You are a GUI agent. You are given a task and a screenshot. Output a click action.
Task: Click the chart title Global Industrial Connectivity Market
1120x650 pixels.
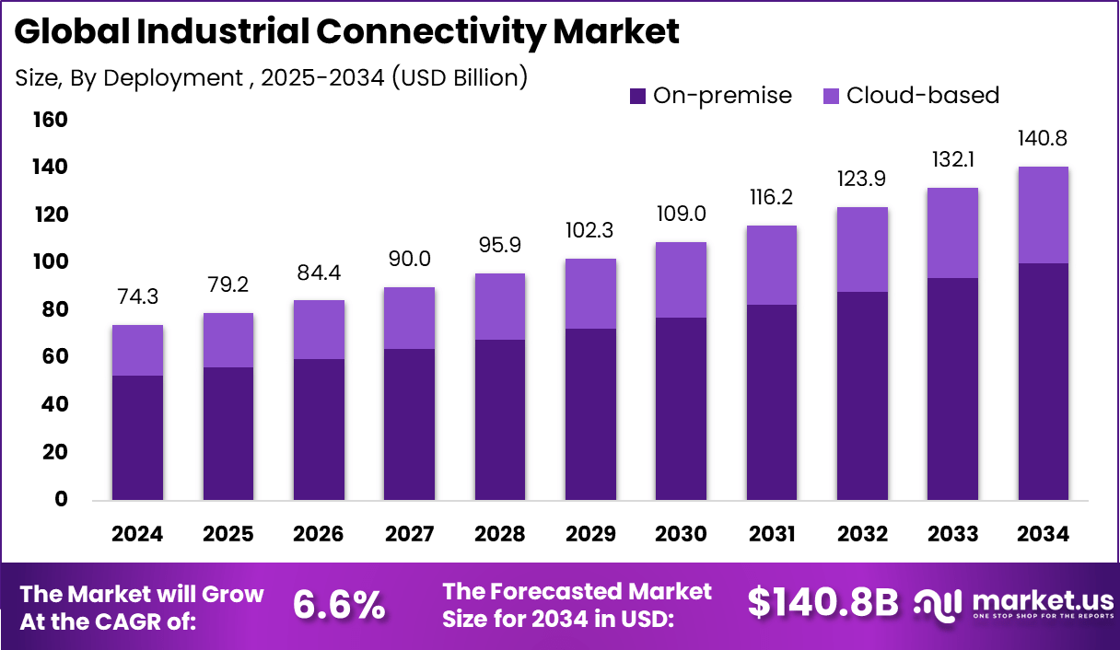point(346,32)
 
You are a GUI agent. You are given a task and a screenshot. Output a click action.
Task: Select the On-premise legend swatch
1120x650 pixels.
point(638,96)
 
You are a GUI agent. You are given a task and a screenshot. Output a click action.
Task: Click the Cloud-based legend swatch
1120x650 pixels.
point(832,96)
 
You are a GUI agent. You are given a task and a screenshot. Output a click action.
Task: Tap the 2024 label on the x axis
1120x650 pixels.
point(137,535)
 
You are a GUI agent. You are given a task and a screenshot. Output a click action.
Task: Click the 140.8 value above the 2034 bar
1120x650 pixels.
point(1043,139)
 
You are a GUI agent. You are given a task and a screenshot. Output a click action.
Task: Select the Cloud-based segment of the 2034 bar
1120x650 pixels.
point(1043,215)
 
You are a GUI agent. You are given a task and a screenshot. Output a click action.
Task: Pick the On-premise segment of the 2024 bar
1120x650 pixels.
point(137,437)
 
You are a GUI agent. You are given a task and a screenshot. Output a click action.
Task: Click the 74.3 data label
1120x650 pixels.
point(137,297)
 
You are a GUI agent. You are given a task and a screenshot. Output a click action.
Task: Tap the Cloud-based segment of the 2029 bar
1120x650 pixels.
point(590,294)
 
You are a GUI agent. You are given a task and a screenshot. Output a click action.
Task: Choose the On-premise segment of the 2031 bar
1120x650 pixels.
point(772,402)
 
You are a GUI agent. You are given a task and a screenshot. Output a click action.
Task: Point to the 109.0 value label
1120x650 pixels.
point(681,215)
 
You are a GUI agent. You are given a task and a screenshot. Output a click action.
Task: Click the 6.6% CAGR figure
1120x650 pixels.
point(338,605)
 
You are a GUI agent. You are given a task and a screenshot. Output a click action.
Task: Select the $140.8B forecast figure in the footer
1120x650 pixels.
point(822,603)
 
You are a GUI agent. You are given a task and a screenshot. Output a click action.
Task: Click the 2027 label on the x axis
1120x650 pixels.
point(409,535)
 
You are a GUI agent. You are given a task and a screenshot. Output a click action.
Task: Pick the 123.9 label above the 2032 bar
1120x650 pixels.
point(862,180)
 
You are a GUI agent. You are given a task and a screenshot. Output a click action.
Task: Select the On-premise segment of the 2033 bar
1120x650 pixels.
point(952,389)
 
